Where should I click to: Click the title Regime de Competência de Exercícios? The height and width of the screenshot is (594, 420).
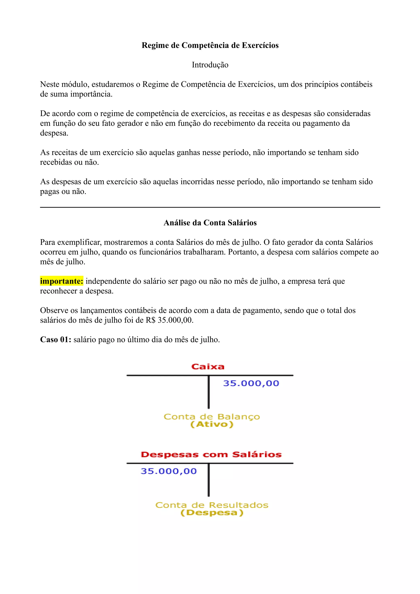click(210, 45)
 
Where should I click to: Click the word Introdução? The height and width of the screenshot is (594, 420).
click(210, 65)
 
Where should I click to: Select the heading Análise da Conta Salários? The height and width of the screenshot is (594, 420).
click(210, 223)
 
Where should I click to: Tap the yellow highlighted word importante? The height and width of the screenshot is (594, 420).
click(62, 281)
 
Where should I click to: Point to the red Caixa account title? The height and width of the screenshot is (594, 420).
click(208, 367)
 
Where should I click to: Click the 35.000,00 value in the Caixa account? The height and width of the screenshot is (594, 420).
click(251, 383)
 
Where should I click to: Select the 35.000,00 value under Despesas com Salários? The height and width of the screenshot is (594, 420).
click(169, 471)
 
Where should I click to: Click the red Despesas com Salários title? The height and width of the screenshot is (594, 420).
click(211, 455)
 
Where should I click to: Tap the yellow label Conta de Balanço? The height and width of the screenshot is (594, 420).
click(212, 417)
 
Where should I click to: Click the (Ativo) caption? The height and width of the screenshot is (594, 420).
click(212, 424)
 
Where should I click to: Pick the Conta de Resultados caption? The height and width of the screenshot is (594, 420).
click(212, 505)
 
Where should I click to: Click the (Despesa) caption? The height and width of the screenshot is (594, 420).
click(212, 513)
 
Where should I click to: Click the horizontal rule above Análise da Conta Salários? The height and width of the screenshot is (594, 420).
click(210, 207)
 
